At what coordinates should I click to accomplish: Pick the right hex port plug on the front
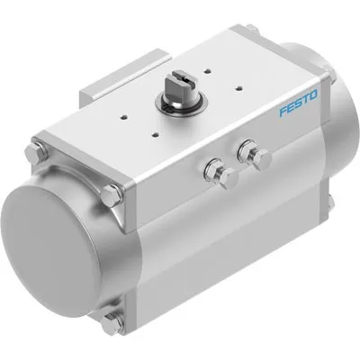point(262,159)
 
